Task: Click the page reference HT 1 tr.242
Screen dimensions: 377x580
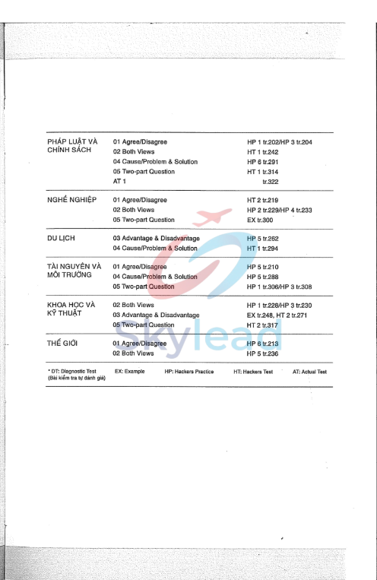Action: pos(263,152)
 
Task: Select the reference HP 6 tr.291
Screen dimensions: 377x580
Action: pos(263,162)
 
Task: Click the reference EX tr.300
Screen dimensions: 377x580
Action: pos(260,220)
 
